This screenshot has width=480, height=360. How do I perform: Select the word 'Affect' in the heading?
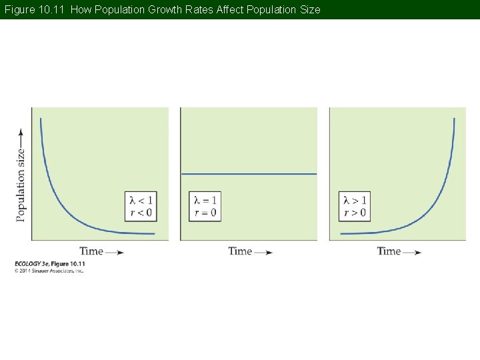(231, 10)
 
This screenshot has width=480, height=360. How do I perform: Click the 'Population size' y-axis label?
(21, 185)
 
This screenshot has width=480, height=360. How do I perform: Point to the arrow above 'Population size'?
(21, 137)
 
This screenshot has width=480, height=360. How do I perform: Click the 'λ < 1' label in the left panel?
(141, 200)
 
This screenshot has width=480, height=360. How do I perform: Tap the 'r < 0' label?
(141, 213)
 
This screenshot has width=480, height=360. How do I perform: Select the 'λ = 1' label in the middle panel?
(205, 200)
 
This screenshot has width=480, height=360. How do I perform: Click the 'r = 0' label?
(205, 213)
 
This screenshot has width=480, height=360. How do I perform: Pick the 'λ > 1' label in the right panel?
(355, 200)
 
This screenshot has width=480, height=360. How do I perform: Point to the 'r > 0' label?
(355, 213)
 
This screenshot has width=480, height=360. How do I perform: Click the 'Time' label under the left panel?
(91, 251)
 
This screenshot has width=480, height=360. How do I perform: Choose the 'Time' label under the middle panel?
(240, 251)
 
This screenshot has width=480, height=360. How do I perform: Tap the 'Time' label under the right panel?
(389, 251)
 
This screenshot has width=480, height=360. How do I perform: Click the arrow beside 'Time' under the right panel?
(413, 253)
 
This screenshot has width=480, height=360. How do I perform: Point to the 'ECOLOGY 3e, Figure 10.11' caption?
(49, 265)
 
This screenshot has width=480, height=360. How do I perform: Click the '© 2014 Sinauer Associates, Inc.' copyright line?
(49, 271)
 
